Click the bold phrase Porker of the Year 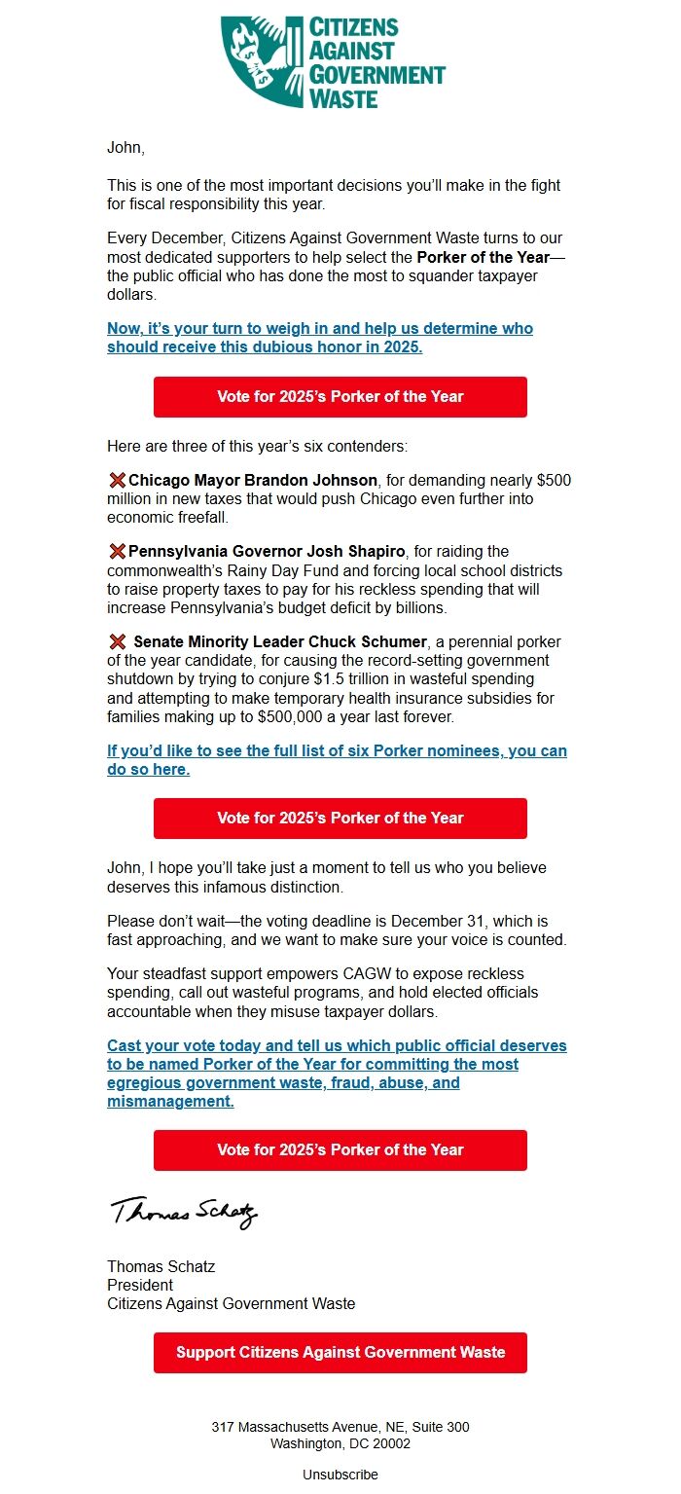tap(483, 257)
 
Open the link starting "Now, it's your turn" tap(319, 338)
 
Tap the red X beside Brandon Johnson tap(117, 480)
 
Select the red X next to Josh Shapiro tap(117, 552)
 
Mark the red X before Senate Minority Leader tap(117, 642)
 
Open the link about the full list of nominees tap(337, 760)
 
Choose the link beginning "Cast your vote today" tap(337, 1074)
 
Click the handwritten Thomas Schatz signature tap(184, 1212)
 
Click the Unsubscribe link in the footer tap(340, 1475)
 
